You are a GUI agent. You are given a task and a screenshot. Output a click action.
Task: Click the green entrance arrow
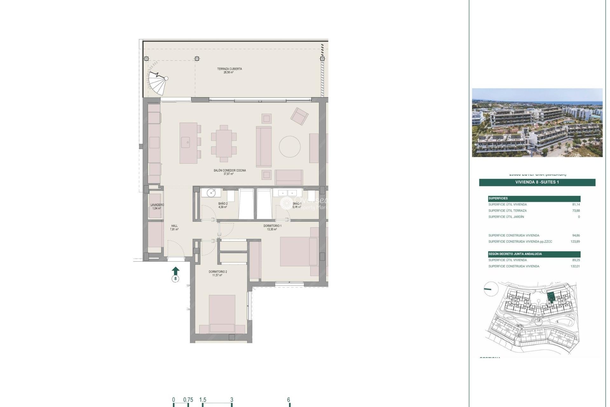coord(175,271)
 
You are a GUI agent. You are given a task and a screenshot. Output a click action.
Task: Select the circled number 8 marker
coord(175,279)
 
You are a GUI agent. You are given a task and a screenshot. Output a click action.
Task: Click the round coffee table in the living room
coord(289,147)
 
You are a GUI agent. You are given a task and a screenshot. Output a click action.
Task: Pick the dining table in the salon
coord(224,143)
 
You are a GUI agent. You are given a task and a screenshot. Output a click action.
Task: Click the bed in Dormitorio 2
coord(222,313)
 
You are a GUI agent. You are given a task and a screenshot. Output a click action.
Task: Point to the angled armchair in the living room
coord(299,116)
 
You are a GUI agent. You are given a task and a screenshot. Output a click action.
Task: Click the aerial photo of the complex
coord(537,123)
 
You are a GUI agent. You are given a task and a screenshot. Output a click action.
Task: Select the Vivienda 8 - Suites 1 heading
coord(537,182)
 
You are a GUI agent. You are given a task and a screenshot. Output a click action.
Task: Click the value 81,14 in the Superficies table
coord(576,204)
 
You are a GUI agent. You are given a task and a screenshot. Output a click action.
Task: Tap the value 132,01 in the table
coord(575,266)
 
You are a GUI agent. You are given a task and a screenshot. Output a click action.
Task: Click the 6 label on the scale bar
coord(288,400)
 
